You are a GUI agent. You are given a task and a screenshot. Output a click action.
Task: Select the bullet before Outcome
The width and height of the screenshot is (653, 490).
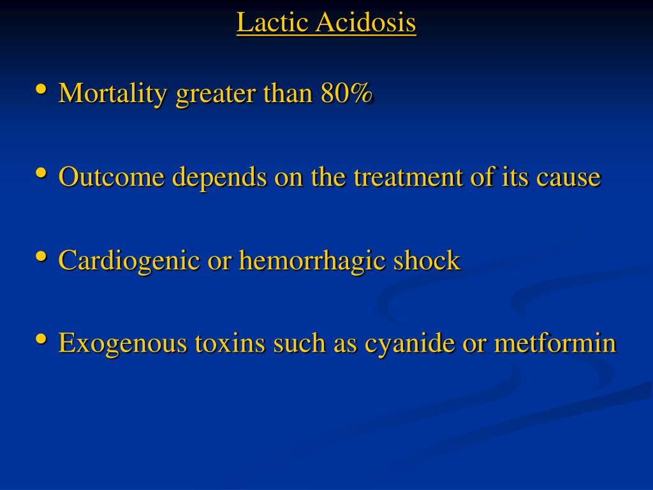pos(41,172)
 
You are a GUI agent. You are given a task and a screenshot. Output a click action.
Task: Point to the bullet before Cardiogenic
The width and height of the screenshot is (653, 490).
pos(41,256)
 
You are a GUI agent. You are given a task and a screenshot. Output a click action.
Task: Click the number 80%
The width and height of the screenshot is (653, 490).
pos(346,93)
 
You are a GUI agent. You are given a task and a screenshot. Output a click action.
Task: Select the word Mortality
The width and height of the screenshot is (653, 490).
pos(113,94)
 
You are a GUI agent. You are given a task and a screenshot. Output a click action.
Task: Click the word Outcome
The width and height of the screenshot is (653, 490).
pos(111,176)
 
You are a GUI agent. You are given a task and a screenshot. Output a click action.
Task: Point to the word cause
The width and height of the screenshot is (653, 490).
pos(568,178)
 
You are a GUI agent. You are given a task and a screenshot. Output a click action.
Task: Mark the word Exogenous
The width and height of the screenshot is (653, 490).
pos(123,344)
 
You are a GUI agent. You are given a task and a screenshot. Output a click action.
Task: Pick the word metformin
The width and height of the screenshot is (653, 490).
pos(555,343)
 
